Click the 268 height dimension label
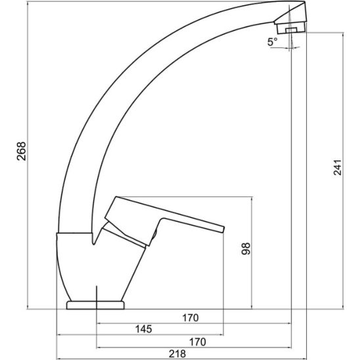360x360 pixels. click(x=22, y=151)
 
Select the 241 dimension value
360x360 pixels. click(x=338, y=168)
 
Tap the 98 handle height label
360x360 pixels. click(x=246, y=248)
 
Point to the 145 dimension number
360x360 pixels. click(x=143, y=329)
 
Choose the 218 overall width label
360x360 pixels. click(x=177, y=353)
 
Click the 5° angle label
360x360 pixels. click(x=272, y=42)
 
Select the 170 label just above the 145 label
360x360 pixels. click(x=191, y=318)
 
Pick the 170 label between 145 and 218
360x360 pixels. click(x=198, y=342)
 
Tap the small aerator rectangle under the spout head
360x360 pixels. click(x=291, y=30)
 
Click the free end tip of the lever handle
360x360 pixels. click(x=223, y=229)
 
